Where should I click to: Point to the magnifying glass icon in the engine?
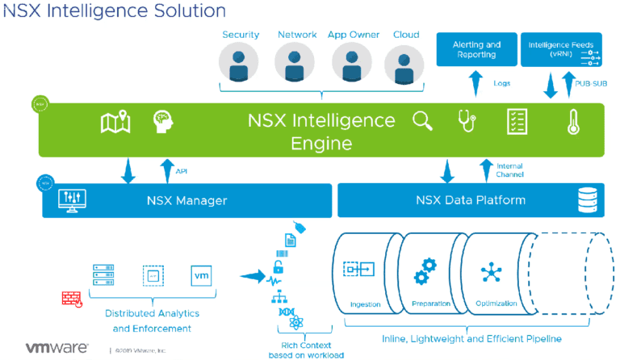(x=423, y=121)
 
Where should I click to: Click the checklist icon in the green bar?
(x=517, y=121)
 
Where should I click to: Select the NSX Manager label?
(x=187, y=200)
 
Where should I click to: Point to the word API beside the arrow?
(x=182, y=170)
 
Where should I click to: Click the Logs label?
(x=502, y=82)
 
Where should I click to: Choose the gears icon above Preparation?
(x=425, y=271)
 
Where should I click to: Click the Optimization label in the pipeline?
(x=490, y=304)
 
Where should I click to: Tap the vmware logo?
(x=56, y=348)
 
